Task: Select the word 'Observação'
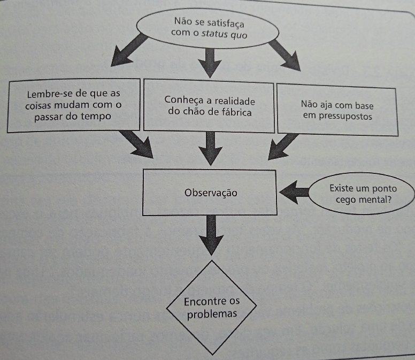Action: (211, 193)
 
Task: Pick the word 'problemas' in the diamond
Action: (212, 314)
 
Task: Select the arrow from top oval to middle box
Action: (209, 62)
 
